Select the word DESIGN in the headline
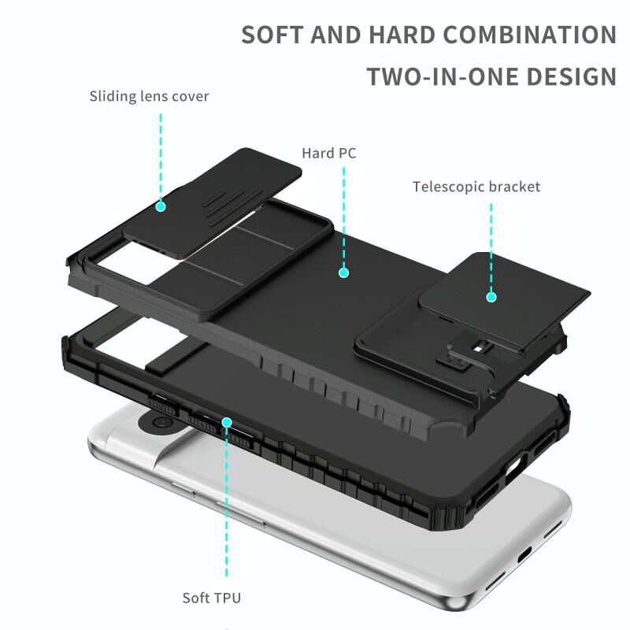click(x=571, y=76)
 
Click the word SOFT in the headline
click(x=272, y=35)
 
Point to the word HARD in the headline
click(x=402, y=35)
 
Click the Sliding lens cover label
click(x=149, y=96)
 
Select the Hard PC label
click(x=329, y=153)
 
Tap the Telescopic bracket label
click(x=476, y=187)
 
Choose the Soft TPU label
click(x=212, y=598)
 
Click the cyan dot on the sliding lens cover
click(x=161, y=206)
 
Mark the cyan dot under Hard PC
click(x=343, y=272)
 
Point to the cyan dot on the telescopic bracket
click(x=491, y=297)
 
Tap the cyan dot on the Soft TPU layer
click(x=227, y=422)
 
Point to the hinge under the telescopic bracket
click(x=462, y=354)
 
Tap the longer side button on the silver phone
click(x=240, y=513)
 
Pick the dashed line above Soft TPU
click(x=227, y=502)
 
